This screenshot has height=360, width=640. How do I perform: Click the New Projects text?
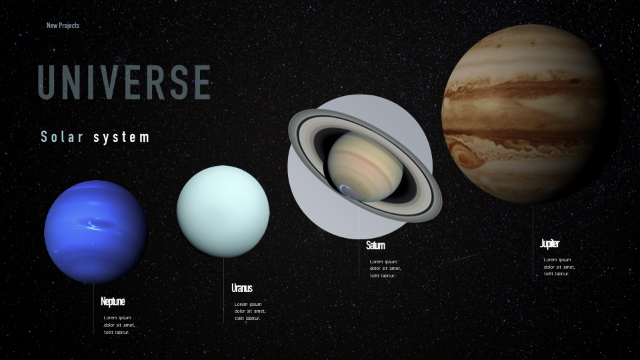(63, 25)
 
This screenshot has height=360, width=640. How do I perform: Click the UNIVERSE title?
(125, 82)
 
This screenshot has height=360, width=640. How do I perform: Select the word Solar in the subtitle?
(62, 137)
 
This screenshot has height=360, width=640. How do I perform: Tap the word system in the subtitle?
(121, 137)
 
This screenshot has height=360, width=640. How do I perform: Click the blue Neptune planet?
(95, 232)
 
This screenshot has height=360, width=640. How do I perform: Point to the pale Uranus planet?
(223, 211)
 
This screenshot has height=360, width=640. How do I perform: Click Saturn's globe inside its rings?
(365, 167)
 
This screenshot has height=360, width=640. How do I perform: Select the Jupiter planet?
(527, 113)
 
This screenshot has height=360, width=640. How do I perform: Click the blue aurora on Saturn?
(348, 191)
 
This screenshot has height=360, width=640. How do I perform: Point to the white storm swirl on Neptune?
(95, 224)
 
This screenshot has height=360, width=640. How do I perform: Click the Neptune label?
(113, 301)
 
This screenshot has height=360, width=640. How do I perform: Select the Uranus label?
(242, 288)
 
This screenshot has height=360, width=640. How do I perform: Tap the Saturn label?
(375, 245)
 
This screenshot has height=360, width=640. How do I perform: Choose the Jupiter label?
(550, 244)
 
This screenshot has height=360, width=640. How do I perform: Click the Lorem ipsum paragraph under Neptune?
(119, 325)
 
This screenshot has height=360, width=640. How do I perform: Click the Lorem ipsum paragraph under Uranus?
(250, 311)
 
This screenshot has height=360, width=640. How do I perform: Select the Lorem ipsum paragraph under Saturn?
(385, 269)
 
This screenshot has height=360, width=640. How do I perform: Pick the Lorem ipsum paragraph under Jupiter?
(559, 267)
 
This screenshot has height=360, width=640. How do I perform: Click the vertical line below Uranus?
(223, 290)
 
